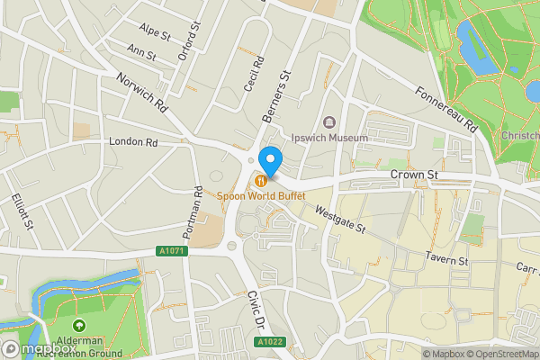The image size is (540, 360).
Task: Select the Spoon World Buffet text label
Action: (x=260, y=195)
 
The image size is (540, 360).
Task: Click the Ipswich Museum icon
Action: (x=328, y=122)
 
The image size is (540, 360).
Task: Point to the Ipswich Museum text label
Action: (x=329, y=138)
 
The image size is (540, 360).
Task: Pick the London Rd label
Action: (x=132, y=142)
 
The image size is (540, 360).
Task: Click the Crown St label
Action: (x=413, y=174)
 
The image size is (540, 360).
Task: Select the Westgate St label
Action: (x=339, y=220)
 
